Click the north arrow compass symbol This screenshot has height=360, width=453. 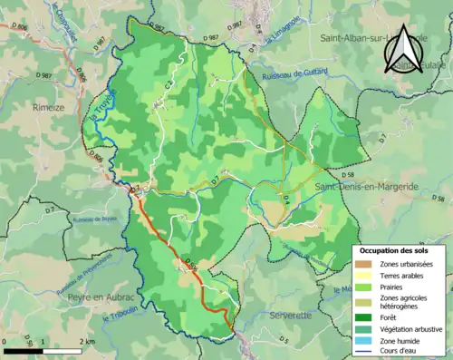[403, 51]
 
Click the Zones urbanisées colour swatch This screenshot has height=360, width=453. [363, 264]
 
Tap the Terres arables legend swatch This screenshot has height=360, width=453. [363, 276]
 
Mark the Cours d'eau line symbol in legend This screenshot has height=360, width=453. [363, 354]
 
